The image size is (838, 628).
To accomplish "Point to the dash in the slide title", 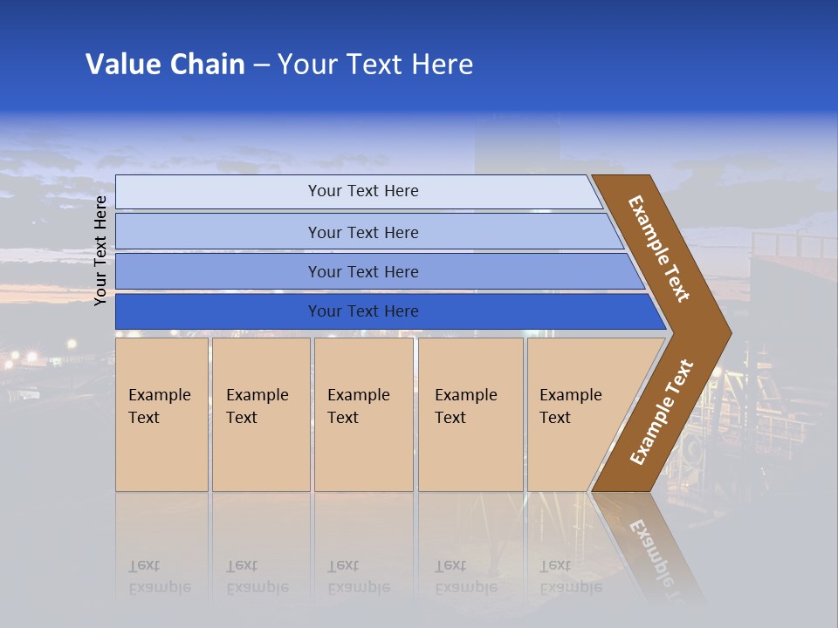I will click(261, 65).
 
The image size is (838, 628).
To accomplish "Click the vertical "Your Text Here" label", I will click(100, 251).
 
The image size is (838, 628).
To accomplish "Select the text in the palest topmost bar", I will click(363, 191).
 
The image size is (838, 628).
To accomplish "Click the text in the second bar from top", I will click(363, 233).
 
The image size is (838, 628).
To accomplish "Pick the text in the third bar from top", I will click(363, 272).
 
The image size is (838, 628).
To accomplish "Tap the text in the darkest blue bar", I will click(363, 311).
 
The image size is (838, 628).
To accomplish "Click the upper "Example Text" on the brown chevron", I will click(659, 249).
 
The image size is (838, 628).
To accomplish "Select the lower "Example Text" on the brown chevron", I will click(662, 413).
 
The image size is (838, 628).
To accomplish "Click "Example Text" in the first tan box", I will click(159, 406).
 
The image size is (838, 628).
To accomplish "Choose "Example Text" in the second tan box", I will click(257, 406).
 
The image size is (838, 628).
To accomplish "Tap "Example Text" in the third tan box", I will click(358, 406).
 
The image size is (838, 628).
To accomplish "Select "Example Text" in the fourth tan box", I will click(465, 406).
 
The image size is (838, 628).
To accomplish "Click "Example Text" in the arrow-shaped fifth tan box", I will click(570, 406).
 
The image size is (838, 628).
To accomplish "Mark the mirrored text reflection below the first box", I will click(159, 577).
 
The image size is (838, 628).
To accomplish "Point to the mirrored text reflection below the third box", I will click(358, 577).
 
